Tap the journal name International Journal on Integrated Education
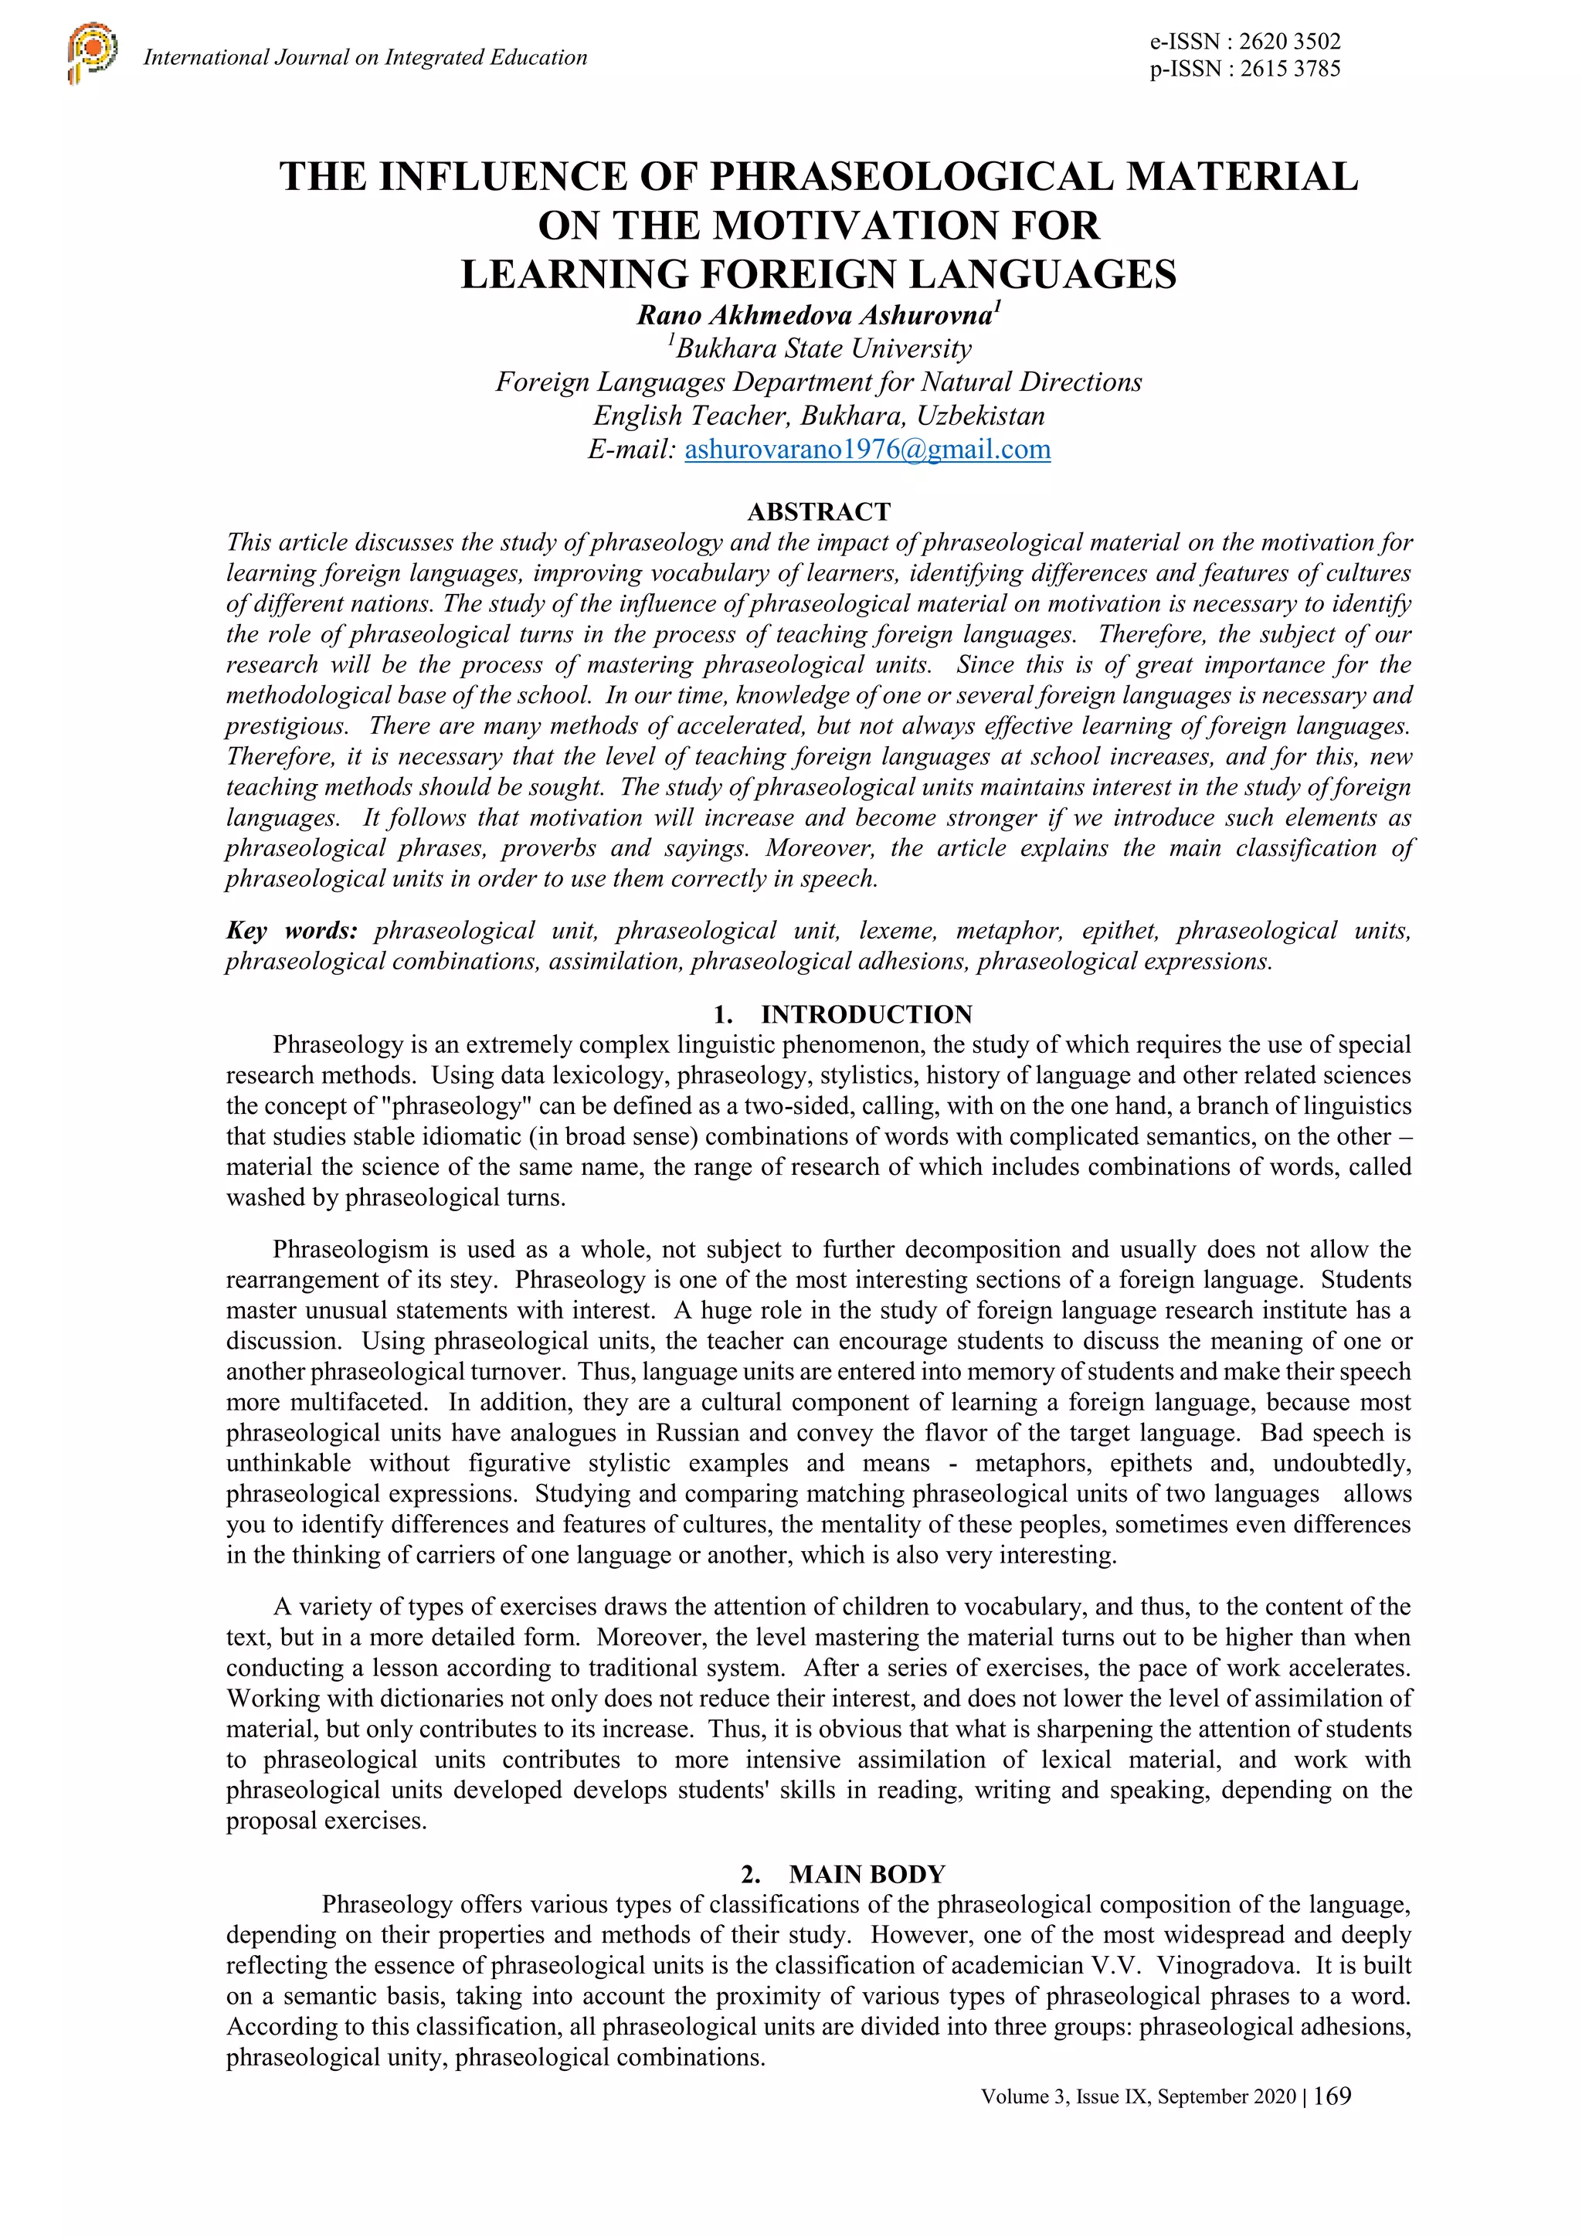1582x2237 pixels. coord(365,57)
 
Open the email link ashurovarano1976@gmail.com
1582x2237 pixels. coord(867,449)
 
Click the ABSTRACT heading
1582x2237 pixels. coord(818,511)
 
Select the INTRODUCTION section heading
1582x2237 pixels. coord(866,1014)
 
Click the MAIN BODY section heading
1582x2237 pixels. coord(866,1874)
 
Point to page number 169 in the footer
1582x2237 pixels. coord(1332,2096)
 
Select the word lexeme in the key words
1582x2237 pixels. coord(897,931)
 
